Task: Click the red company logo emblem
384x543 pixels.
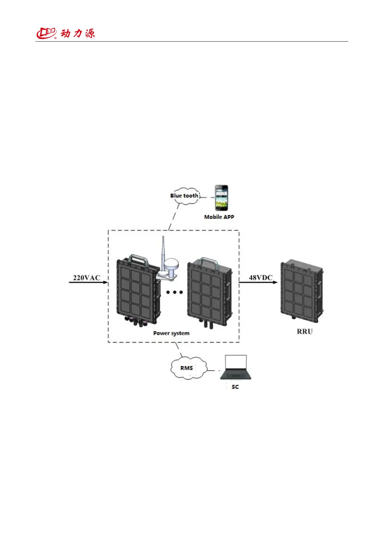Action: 46,33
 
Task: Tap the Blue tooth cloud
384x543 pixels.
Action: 184,196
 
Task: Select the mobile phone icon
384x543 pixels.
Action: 222,198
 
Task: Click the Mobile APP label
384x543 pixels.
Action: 219,217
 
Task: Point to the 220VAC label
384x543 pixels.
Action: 86,278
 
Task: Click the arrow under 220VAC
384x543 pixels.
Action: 88,283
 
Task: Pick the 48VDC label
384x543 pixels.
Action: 261,277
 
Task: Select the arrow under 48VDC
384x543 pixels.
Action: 258,282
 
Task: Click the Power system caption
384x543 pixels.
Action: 171,333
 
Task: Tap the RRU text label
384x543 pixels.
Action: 305,331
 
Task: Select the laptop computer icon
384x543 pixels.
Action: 236,368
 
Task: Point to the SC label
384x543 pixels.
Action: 235,387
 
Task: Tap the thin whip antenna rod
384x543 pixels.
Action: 163,248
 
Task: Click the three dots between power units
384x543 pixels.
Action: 174,292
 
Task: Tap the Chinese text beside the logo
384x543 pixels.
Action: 78,33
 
